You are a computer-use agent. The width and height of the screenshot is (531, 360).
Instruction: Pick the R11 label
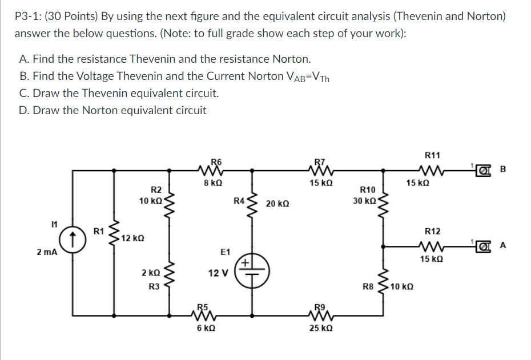pyautogui.click(x=432, y=155)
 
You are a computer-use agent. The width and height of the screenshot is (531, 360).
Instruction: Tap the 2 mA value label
pyautogui.click(x=47, y=251)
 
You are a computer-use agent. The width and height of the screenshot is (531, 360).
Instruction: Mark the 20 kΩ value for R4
pyautogui.click(x=277, y=204)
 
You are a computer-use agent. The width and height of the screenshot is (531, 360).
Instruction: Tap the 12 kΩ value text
pyautogui.click(x=131, y=237)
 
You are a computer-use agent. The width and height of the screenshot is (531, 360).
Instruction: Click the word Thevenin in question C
pyautogui.click(x=103, y=93)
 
